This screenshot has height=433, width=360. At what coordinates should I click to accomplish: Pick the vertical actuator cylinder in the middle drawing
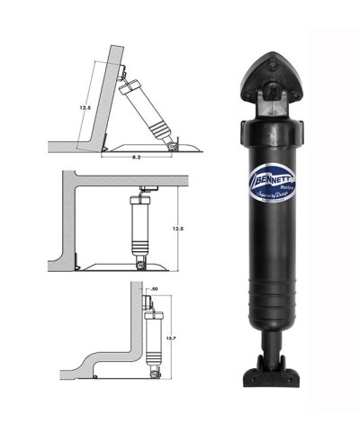click(142, 229)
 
